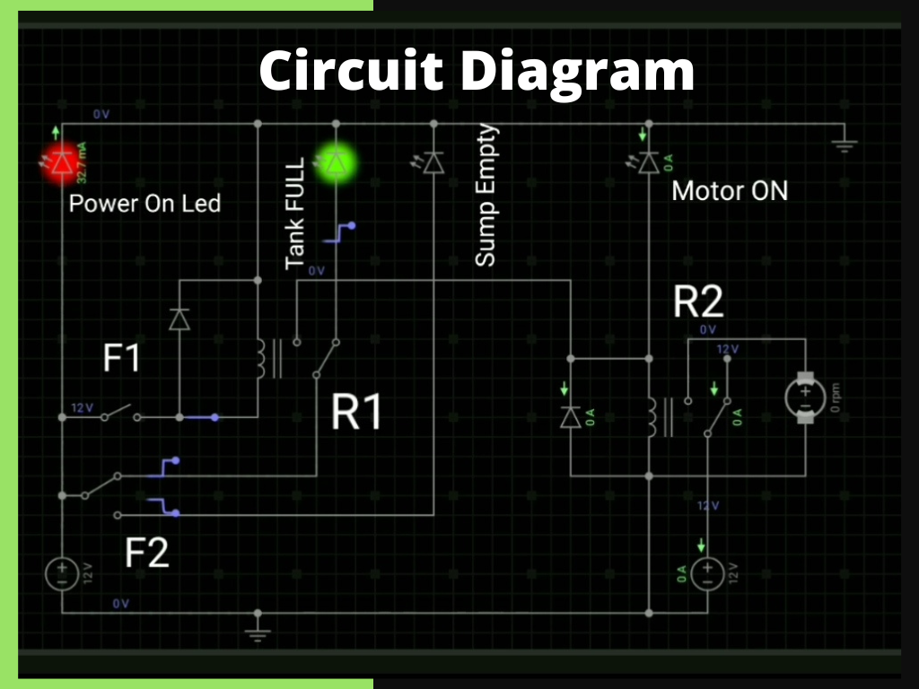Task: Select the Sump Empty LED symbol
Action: [433, 162]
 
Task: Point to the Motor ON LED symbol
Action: [643, 162]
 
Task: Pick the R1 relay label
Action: [356, 414]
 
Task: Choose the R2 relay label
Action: [698, 303]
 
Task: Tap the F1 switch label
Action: [122, 359]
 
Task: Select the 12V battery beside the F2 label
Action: [61, 573]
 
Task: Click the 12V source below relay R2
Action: [707, 573]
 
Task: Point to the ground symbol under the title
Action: [844, 144]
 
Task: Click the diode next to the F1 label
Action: [179, 318]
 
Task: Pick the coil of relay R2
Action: [652, 416]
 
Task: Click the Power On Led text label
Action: [144, 203]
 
